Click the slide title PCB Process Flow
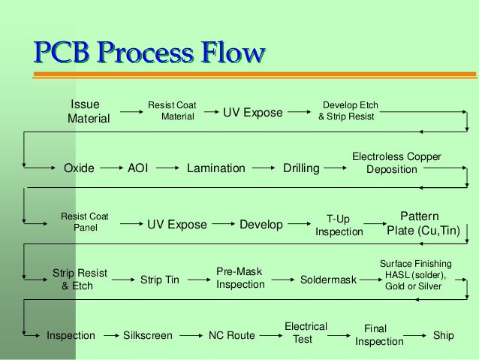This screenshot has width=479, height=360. coord(147,55)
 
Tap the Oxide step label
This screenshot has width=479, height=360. coord(79,169)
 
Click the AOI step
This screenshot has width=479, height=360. coord(138,169)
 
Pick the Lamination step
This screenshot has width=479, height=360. coord(216,169)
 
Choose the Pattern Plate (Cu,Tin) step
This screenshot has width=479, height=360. coord(422,223)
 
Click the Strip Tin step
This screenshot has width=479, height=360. coord(160,280)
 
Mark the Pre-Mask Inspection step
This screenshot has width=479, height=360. coord(240,278)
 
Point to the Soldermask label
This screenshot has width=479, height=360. coord(328,280)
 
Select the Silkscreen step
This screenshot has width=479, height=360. coord(147,334)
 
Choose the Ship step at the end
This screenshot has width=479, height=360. coord(444,334)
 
